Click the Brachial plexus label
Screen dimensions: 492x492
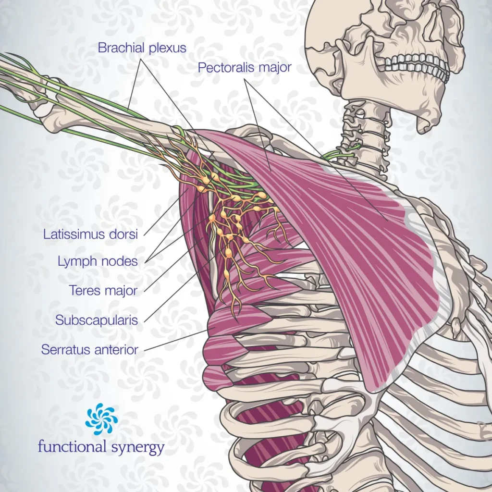(x=142, y=48)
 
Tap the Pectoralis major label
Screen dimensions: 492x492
(x=245, y=68)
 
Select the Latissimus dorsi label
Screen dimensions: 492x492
(x=91, y=234)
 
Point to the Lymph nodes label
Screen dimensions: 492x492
(x=98, y=262)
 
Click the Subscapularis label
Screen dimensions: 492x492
(x=97, y=320)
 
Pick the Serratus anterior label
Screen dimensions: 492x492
(x=89, y=349)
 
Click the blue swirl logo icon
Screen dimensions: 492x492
(x=101, y=419)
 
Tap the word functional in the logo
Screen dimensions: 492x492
(x=72, y=447)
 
